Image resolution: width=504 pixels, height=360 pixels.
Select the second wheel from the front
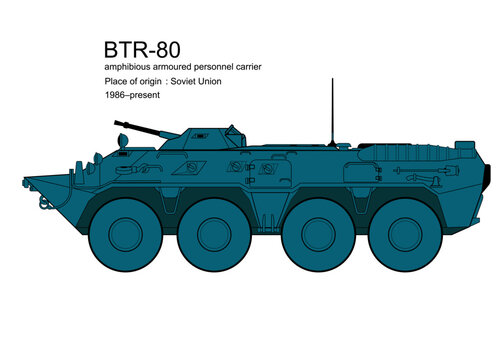point(215,233)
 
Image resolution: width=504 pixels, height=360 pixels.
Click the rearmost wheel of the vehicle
point(407,233)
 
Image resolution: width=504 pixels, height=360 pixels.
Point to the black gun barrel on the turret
point(134,127)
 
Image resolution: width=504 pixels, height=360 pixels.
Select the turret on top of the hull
point(200,140)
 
